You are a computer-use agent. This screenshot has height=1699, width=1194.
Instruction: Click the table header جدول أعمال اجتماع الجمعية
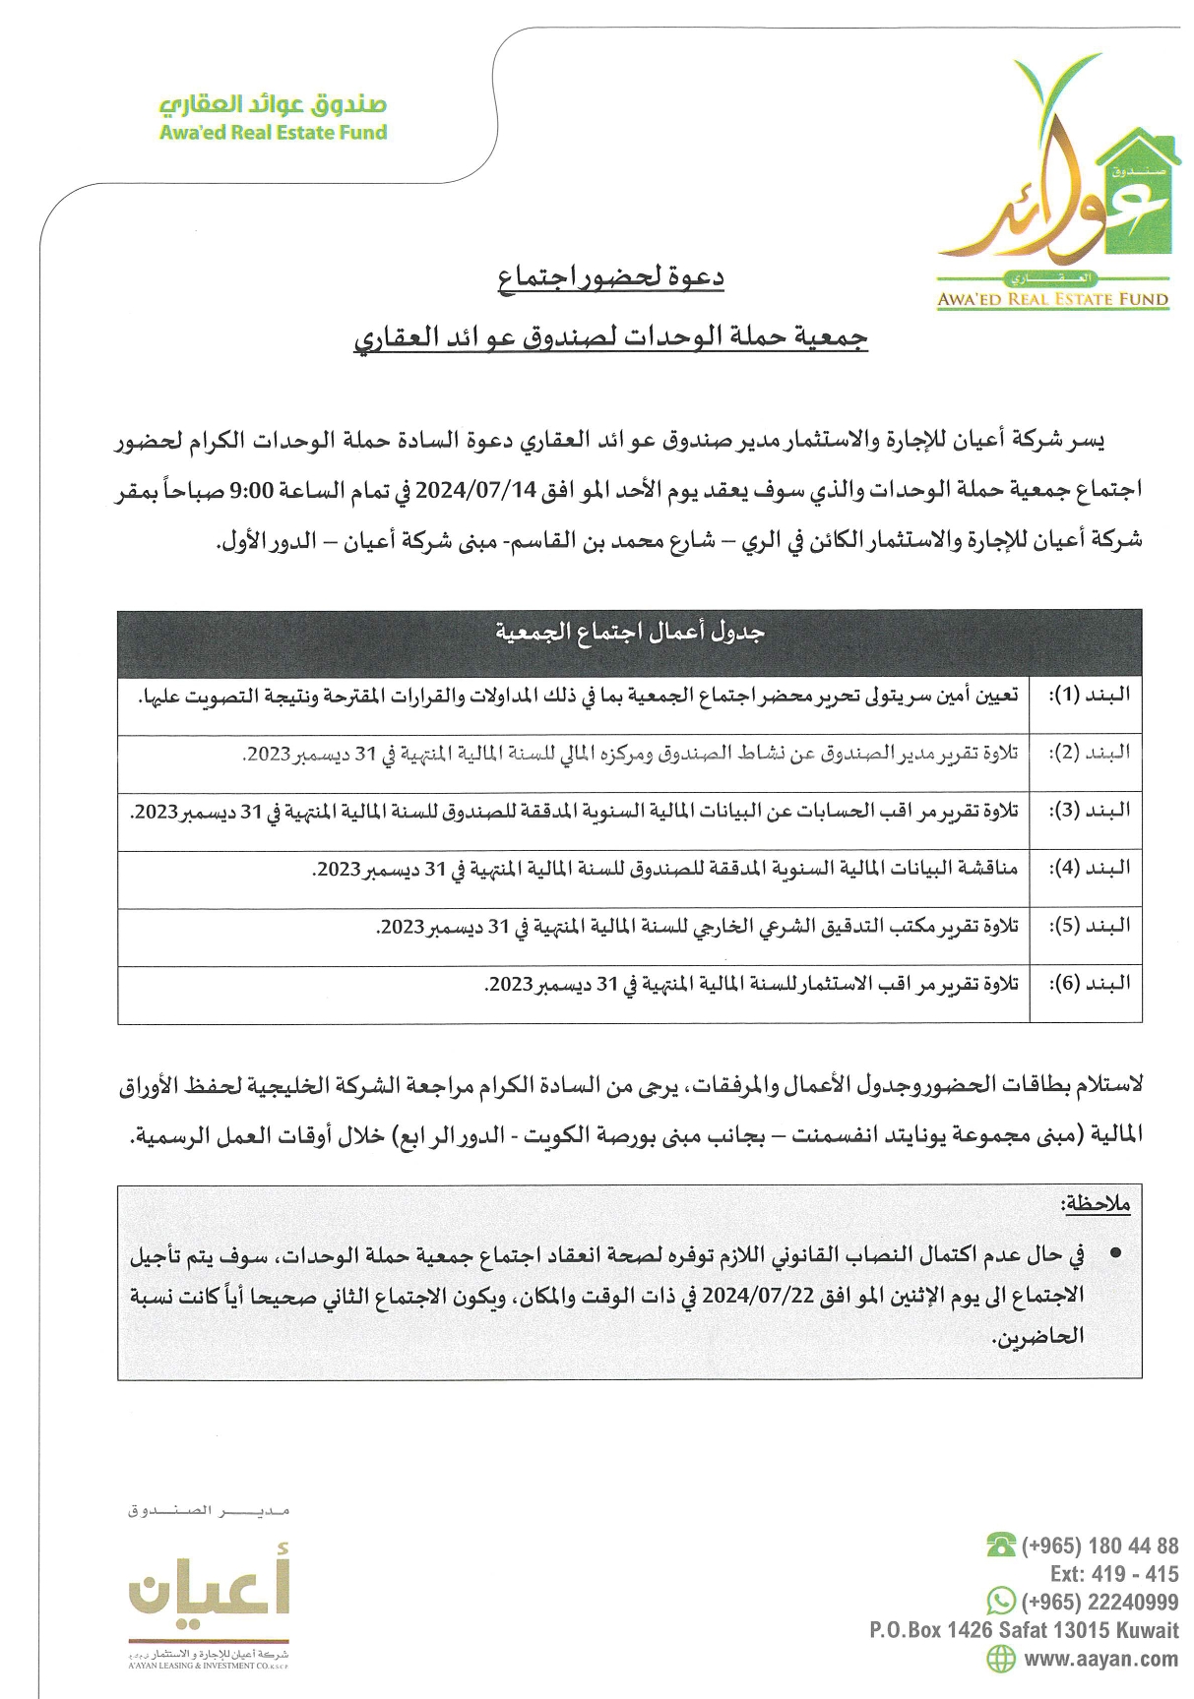[x=630, y=633]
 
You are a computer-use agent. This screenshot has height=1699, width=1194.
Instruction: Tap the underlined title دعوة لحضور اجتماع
[x=611, y=278]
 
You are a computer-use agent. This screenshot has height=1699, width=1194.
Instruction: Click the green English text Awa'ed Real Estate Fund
[x=273, y=132]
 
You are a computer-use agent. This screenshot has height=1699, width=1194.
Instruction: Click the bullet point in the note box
[x=1114, y=1256]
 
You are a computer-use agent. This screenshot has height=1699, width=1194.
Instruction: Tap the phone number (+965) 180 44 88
[x=1100, y=1545]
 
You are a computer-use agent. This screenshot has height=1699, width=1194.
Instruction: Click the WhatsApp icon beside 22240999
[x=1001, y=1600]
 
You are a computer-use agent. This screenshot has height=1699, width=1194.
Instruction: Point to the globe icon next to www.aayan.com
[x=1001, y=1658]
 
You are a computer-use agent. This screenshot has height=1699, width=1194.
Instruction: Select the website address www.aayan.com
[x=1101, y=1659]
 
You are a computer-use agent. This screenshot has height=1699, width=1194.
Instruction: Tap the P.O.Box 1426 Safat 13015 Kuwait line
[x=1024, y=1630]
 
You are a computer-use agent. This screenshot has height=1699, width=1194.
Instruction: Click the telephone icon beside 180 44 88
[x=1001, y=1545]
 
